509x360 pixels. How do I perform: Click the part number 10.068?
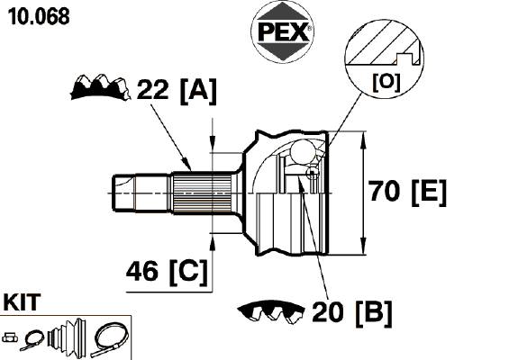tap(39, 16)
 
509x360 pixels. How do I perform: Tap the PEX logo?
tap(283, 31)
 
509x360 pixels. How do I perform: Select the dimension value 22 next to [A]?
tap(153, 89)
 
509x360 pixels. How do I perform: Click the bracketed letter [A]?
tap(198, 91)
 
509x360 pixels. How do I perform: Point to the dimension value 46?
tap(142, 271)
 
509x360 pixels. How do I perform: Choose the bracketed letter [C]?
tap(188, 272)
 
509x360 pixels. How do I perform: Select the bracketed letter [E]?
tap(429, 193)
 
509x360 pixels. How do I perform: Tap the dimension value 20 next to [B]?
tap(328, 311)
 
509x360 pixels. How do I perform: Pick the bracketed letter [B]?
tap(374, 313)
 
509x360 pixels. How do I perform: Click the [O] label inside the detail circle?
tap(386, 83)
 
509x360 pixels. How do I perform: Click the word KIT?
tap(22, 301)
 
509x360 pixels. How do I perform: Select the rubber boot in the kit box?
tap(67, 338)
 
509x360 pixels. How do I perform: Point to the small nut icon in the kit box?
tap(10, 337)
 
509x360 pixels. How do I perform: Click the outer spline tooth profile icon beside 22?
tap(100, 87)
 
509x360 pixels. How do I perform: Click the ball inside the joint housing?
tap(303, 151)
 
